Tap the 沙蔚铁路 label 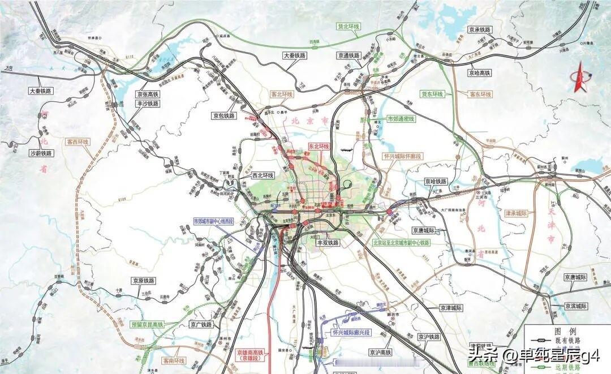[40, 153]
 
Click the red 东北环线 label [318, 146]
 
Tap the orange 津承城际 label [515, 213]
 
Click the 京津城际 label [451, 308]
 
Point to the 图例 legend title [565, 330]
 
